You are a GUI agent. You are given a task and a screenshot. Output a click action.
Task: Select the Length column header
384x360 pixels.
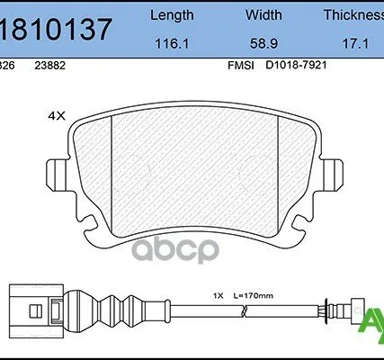[170, 15]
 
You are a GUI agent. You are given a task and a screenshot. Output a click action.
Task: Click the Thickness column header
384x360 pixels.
[353, 15]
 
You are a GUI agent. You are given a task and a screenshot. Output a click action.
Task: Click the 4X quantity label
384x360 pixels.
[57, 115]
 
